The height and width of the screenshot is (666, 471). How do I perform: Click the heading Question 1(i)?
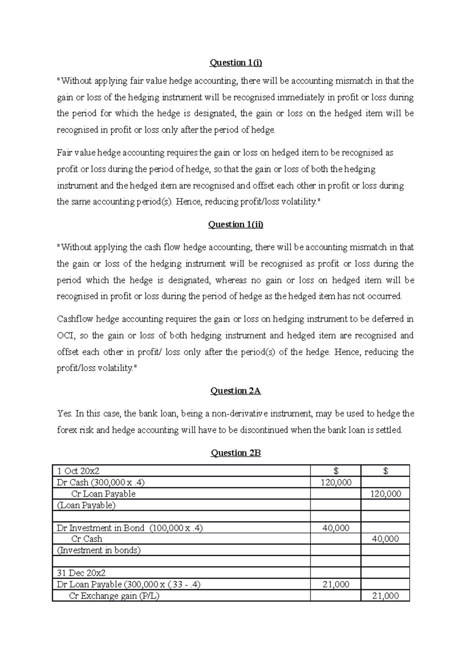click(235, 63)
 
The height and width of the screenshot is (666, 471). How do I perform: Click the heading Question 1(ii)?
click(235, 224)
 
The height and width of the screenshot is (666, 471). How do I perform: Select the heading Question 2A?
click(235, 391)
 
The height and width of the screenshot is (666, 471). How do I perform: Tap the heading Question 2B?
click(235, 453)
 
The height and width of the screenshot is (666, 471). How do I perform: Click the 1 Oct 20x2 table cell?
click(81, 471)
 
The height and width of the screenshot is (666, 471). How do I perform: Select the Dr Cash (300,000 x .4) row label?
click(103, 482)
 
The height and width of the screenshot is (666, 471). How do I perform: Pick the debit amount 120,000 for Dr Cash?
click(336, 482)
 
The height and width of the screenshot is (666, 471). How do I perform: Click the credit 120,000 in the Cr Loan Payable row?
click(385, 494)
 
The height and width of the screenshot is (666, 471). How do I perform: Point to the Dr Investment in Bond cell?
click(130, 528)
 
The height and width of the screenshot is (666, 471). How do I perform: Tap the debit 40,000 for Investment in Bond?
click(336, 528)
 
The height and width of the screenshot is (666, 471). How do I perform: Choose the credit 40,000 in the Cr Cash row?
click(385, 539)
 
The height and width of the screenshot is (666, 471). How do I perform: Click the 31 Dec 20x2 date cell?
click(81, 573)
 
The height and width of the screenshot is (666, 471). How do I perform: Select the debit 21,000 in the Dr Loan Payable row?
click(336, 584)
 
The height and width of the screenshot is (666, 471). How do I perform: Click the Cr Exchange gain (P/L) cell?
click(114, 596)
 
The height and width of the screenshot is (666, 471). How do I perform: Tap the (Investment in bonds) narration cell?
click(99, 550)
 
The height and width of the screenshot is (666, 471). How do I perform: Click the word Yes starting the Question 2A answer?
click(64, 413)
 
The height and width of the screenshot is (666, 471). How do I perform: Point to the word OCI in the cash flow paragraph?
click(65, 336)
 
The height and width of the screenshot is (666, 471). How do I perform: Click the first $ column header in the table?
click(336, 471)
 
